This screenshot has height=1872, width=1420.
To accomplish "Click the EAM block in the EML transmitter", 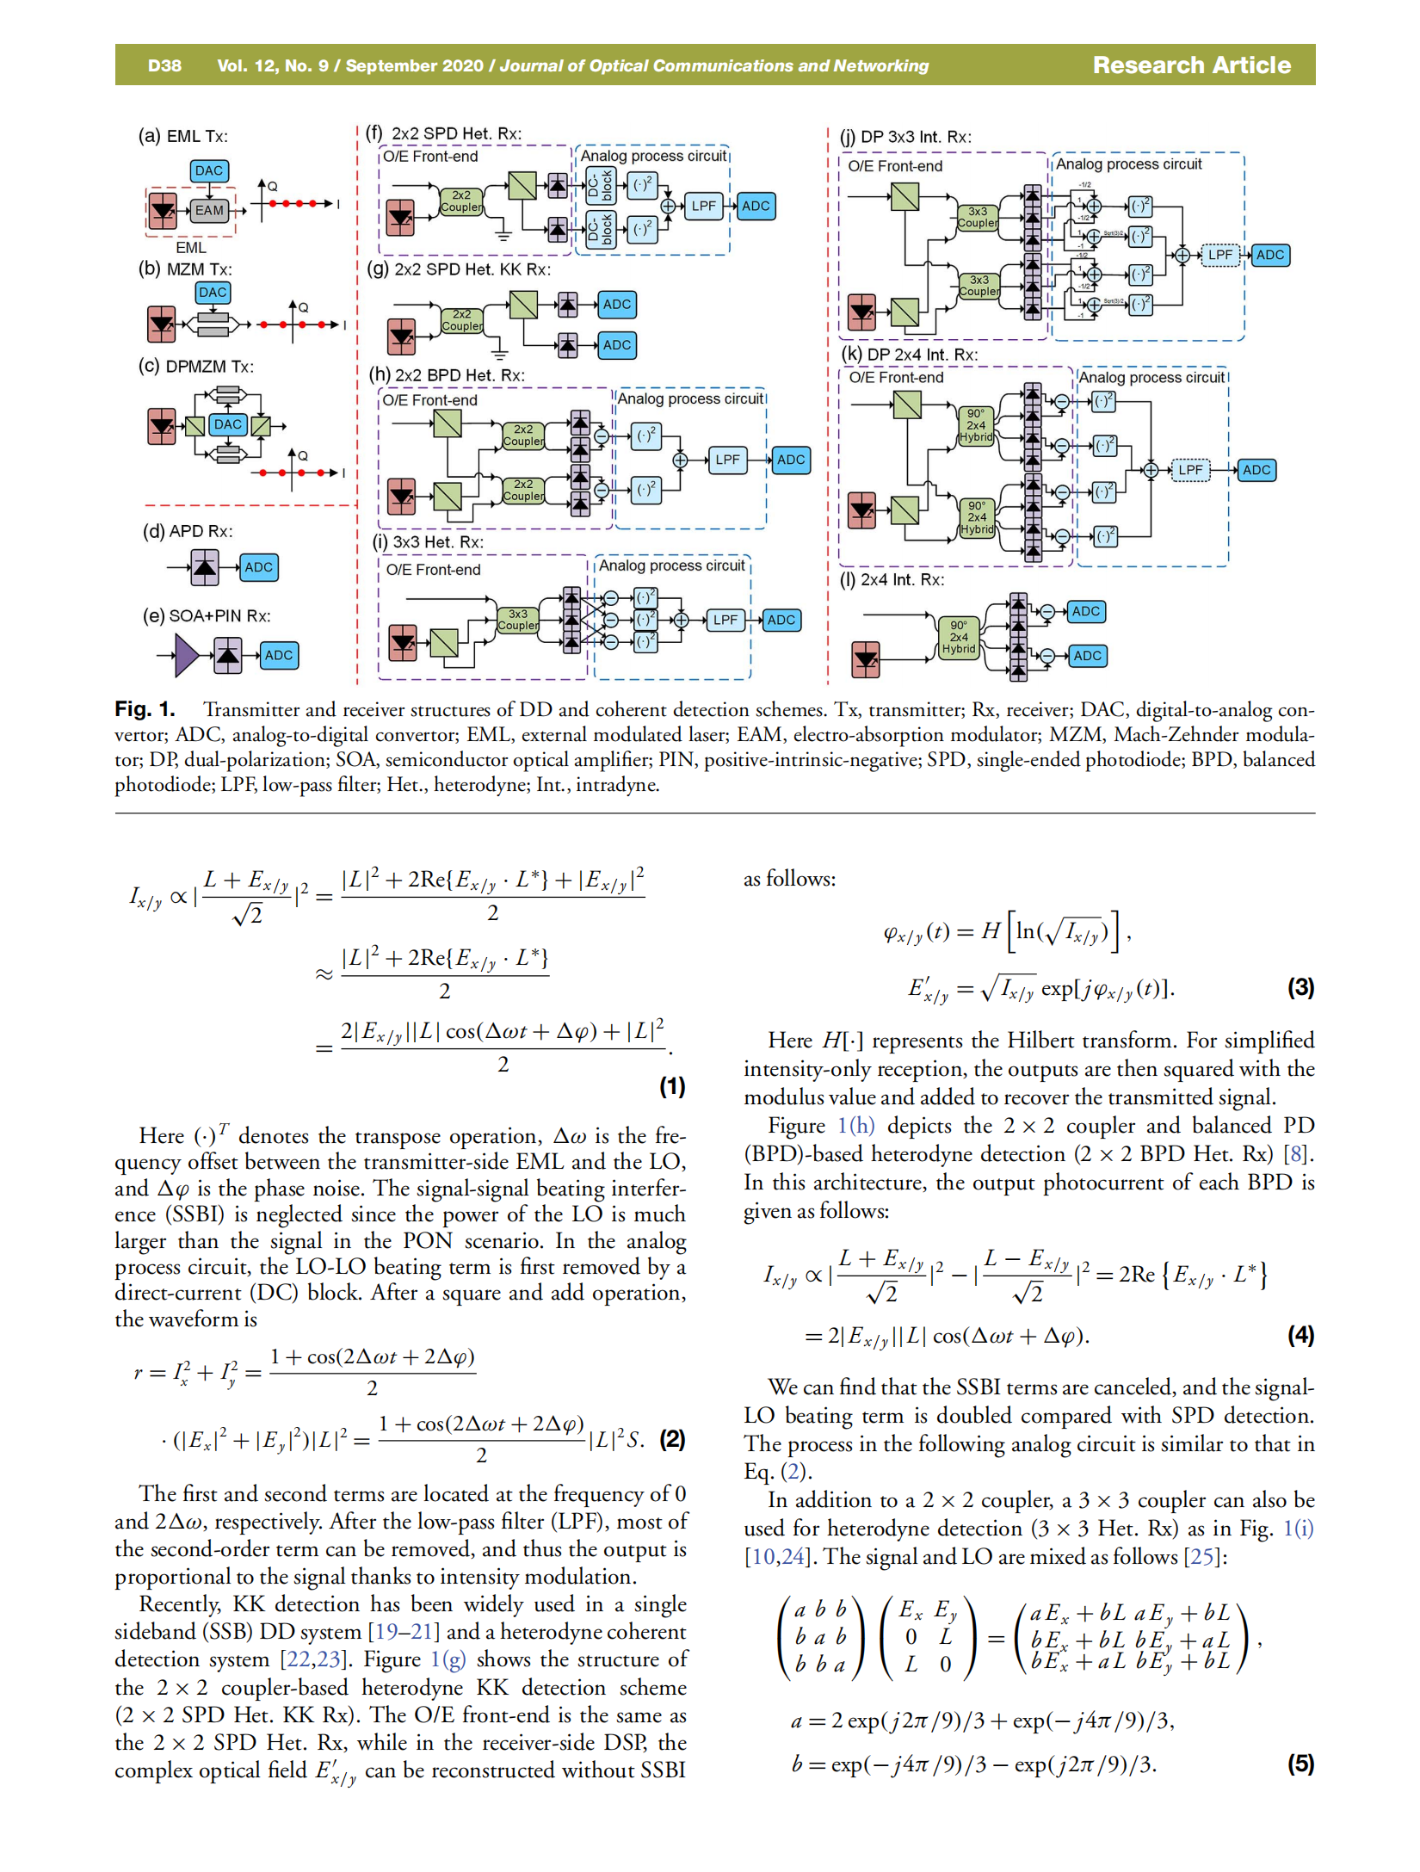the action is (x=208, y=210).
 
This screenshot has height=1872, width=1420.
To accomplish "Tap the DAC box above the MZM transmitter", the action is (x=213, y=293).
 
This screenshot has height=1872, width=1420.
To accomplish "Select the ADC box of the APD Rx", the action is (x=258, y=567).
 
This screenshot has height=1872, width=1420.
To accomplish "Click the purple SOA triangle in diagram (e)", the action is (x=186, y=656).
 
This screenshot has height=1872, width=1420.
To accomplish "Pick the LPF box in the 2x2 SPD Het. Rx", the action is (x=703, y=206).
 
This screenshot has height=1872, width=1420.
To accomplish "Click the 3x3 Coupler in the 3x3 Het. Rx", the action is (x=517, y=620).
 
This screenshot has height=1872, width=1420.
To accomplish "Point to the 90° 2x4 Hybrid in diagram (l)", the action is (x=959, y=637).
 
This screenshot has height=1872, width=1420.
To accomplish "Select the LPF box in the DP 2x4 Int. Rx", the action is (x=1190, y=470).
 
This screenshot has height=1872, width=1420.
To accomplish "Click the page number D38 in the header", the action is (x=164, y=65).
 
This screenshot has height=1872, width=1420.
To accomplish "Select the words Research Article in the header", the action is (x=1191, y=65).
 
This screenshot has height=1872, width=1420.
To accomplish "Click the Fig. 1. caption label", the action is (x=145, y=709).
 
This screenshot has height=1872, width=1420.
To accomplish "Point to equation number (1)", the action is (x=672, y=1086).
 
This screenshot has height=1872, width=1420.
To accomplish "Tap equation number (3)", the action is (x=1300, y=987).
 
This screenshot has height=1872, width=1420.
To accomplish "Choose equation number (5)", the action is (x=1300, y=1764).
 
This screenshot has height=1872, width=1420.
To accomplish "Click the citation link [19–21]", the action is (x=404, y=1632).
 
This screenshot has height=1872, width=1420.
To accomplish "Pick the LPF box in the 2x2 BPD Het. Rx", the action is (x=727, y=460).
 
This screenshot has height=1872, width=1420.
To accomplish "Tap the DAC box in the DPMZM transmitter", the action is (x=228, y=424).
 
